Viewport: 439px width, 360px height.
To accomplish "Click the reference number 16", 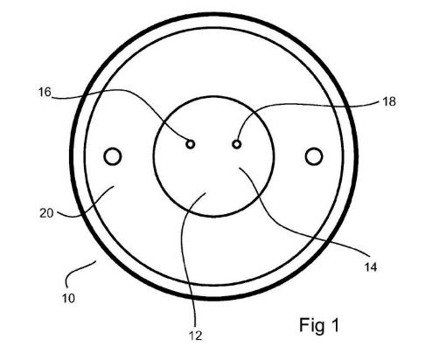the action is pyautogui.click(x=45, y=93).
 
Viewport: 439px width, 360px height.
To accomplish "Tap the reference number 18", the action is pyautogui.click(x=389, y=101).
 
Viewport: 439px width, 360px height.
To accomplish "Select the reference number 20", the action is pyautogui.click(x=46, y=213).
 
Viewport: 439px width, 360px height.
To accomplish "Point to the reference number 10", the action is pyautogui.click(x=68, y=298).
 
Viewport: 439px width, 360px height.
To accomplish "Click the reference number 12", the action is pyautogui.click(x=196, y=336).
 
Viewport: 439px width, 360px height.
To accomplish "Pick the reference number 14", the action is pyautogui.click(x=371, y=267).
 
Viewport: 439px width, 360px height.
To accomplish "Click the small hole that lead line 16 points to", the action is pyautogui.click(x=191, y=144).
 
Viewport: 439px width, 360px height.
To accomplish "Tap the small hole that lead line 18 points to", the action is pyautogui.click(x=236, y=144).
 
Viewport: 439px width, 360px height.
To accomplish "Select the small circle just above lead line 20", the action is pyautogui.click(x=113, y=156).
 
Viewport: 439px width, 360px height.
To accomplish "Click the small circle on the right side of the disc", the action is pyautogui.click(x=314, y=156).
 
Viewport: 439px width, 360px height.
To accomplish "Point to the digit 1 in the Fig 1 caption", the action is pyautogui.click(x=335, y=325).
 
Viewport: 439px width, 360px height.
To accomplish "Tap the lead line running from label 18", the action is pyautogui.click(x=295, y=104).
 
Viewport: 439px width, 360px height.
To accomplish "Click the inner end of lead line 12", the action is pyautogui.click(x=206, y=192).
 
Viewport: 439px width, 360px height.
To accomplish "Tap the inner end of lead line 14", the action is pyautogui.click(x=240, y=168).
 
